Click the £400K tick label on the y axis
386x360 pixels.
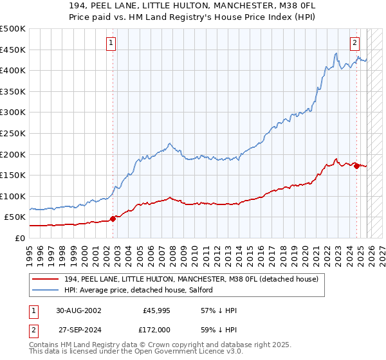point(13,70)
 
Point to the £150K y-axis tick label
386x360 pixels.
point(13,175)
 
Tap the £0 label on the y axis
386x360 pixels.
point(19,238)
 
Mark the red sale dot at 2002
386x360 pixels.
point(113,219)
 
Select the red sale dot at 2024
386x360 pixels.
point(357,166)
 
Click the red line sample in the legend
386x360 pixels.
point(46,280)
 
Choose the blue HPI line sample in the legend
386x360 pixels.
point(46,291)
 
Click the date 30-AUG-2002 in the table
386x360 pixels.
point(79,310)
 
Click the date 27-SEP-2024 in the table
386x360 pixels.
point(78,329)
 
